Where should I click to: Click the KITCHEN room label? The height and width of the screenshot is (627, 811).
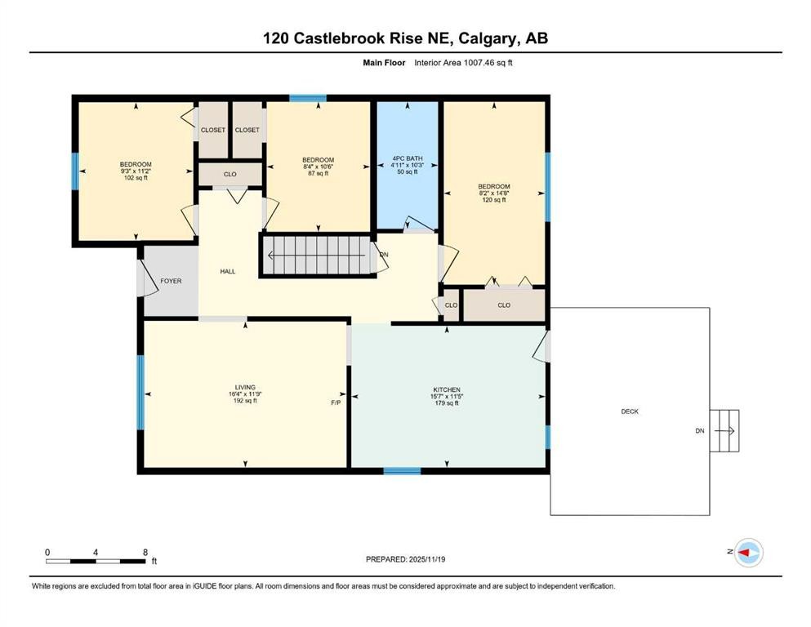(x=447, y=389)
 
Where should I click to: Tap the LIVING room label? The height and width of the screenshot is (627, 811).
(x=245, y=387)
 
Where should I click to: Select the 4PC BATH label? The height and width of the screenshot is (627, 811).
(x=407, y=159)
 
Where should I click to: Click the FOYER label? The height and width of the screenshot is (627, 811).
(x=171, y=281)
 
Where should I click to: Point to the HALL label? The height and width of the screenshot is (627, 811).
(x=228, y=271)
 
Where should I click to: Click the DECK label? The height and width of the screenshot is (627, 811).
(x=629, y=411)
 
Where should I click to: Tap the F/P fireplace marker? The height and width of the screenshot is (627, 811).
(x=336, y=402)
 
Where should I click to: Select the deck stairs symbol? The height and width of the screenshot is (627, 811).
(x=724, y=430)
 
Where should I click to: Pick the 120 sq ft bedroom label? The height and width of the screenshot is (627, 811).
(x=493, y=193)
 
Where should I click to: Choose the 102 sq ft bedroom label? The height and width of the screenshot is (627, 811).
(x=135, y=171)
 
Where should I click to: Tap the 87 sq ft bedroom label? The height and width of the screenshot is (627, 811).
(x=318, y=166)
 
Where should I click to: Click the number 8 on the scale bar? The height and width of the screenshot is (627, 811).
(x=145, y=553)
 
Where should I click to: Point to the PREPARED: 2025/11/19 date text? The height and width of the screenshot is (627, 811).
(x=405, y=559)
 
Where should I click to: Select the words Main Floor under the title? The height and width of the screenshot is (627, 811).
(x=385, y=62)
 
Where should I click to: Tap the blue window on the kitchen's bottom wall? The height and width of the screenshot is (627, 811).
(x=402, y=470)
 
